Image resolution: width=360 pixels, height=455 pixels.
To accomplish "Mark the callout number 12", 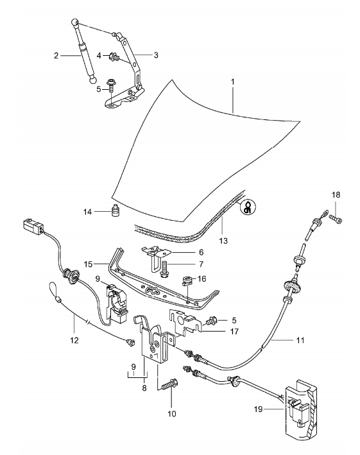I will click(x=74, y=339).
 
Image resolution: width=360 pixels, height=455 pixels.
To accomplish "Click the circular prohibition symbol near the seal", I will click(x=246, y=207).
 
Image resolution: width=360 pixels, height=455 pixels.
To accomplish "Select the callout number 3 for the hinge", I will click(x=154, y=55).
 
